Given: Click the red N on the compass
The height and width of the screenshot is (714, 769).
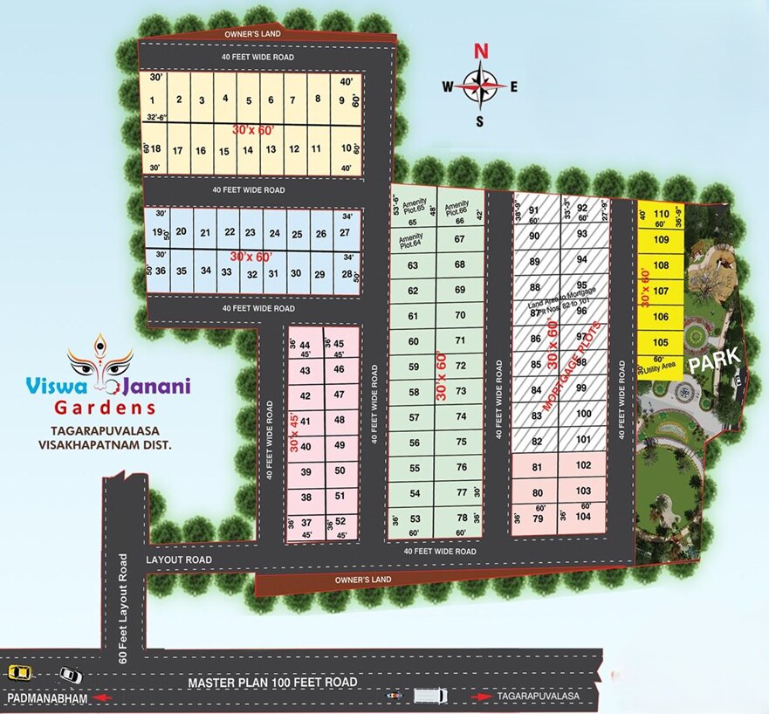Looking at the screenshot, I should click(x=480, y=51).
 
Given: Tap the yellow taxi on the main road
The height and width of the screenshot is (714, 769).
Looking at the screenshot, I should click(x=18, y=672).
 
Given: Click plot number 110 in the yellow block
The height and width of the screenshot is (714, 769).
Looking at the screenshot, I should click(x=661, y=213).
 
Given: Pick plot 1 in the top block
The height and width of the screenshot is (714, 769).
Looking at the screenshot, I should click(x=154, y=100).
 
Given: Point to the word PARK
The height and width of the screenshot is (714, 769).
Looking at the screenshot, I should click(x=715, y=356).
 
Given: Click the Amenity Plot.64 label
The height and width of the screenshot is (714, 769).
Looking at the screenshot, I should click(x=410, y=240).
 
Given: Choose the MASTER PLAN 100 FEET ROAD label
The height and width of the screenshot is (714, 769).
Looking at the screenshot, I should click(x=272, y=681).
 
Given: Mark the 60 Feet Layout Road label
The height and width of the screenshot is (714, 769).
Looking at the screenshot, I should click(x=124, y=608).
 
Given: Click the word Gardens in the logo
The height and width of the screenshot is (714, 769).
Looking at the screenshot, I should click(x=105, y=407).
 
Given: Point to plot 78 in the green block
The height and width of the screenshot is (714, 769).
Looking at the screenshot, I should click(x=461, y=518).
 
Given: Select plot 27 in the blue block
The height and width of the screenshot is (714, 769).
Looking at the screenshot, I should click(x=344, y=232).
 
